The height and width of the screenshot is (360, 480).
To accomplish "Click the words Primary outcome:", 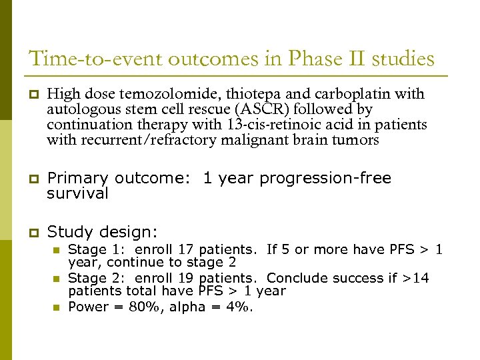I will (x=122, y=179).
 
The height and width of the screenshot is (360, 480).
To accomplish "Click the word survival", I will (x=77, y=194).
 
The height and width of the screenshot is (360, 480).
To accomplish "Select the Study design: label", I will (x=103, y=233).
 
